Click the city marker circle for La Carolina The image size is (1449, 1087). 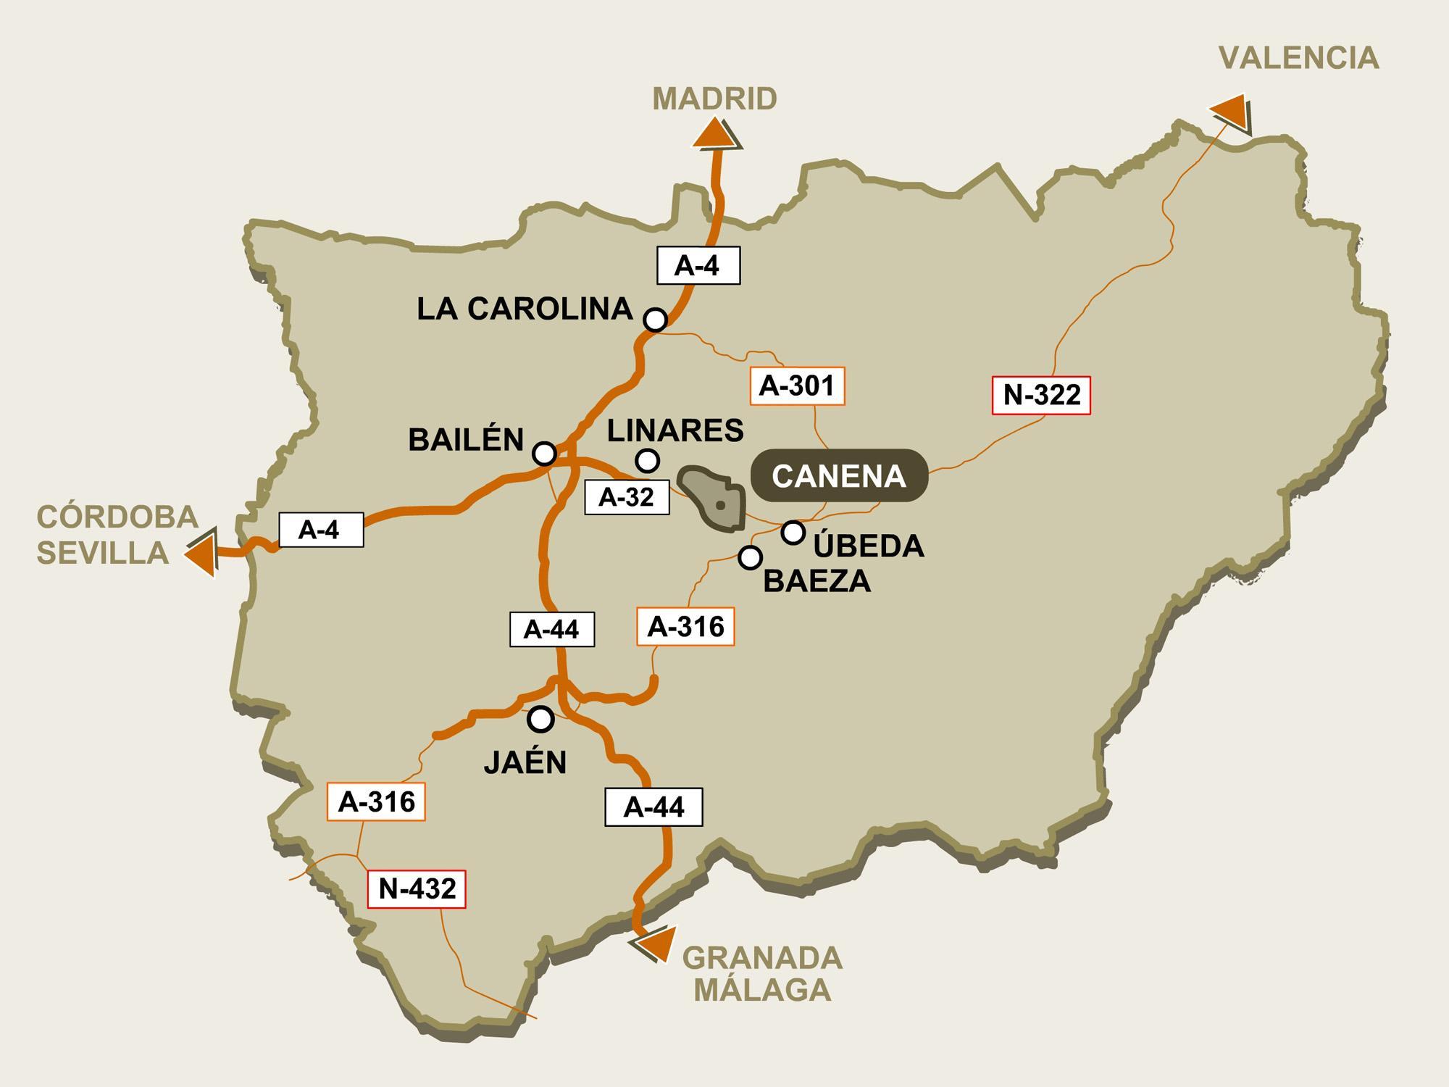coord(655,319)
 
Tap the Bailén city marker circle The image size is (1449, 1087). coord(544,454)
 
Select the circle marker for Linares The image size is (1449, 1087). coord(647,460)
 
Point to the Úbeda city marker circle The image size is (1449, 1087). coord(793,533)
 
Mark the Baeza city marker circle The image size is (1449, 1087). coord(750,557)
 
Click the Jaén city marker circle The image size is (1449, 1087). coord(540,719)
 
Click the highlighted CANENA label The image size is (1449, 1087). coord(839,476)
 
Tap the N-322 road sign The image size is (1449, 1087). coord(1041,395)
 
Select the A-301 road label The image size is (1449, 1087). coord(797,386)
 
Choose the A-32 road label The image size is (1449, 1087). coord(627,497)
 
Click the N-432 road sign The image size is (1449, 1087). coord(417,888)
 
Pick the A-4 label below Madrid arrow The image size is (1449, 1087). coord(697,265)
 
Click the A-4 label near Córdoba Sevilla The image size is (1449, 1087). coord(320,530)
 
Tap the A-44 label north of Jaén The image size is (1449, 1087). coord(552,629)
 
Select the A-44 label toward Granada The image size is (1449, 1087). coord(653,807)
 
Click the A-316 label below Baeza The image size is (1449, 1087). coord(685,626)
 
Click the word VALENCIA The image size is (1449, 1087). coord(1298,58)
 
